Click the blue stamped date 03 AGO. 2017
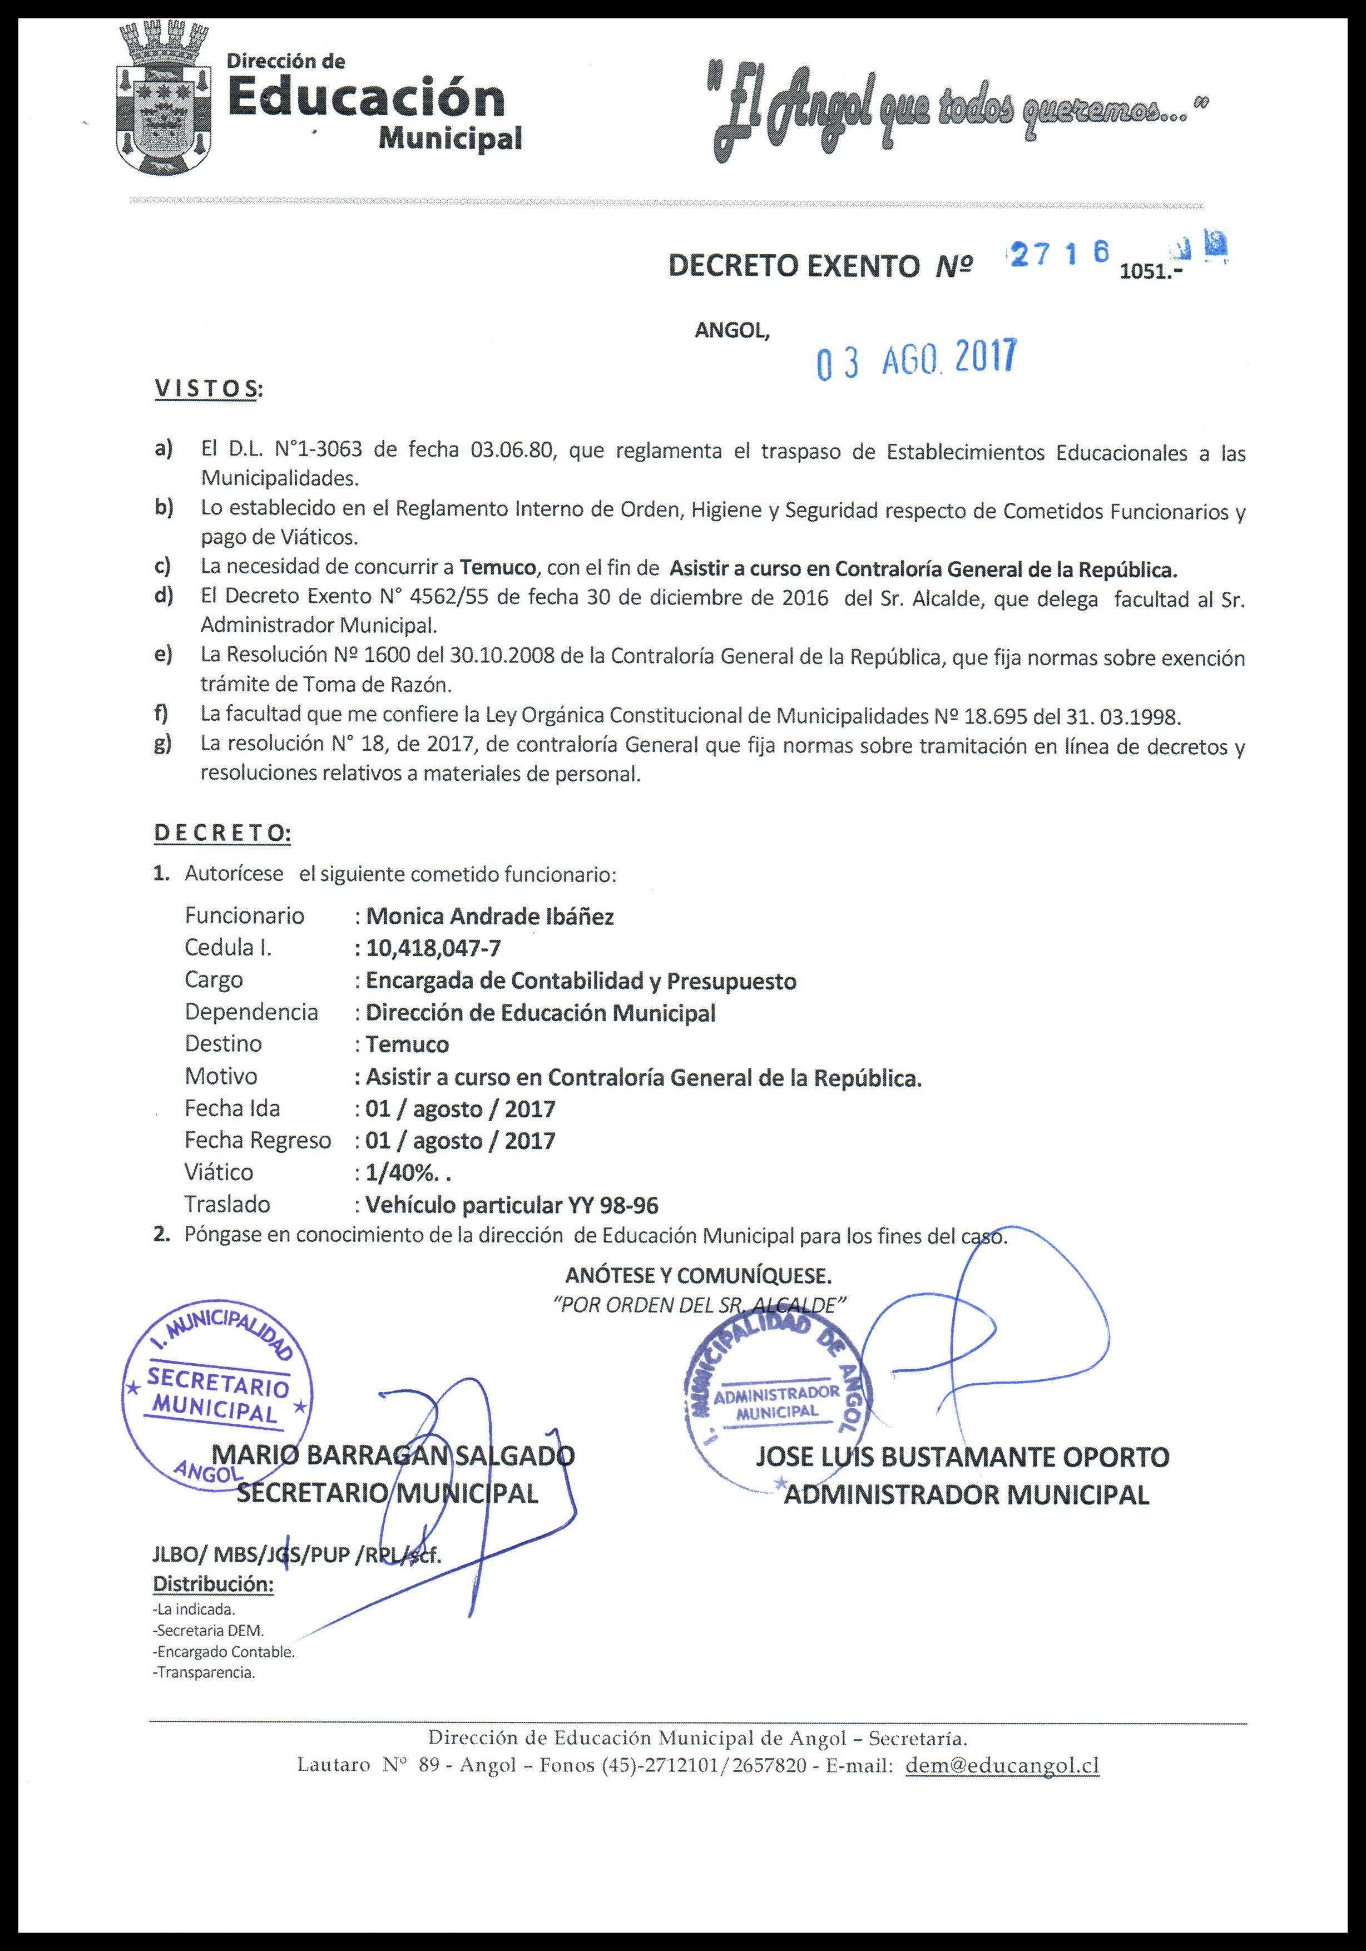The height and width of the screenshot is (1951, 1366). click(914, 359)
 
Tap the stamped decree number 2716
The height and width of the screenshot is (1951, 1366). click(1058, 253)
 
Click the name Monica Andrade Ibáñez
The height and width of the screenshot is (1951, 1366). click(489, 916)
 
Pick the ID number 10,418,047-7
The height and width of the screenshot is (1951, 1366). click(433, 948)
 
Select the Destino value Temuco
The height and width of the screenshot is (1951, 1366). click(407, 1044)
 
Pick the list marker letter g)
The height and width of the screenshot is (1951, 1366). click(163, 744)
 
